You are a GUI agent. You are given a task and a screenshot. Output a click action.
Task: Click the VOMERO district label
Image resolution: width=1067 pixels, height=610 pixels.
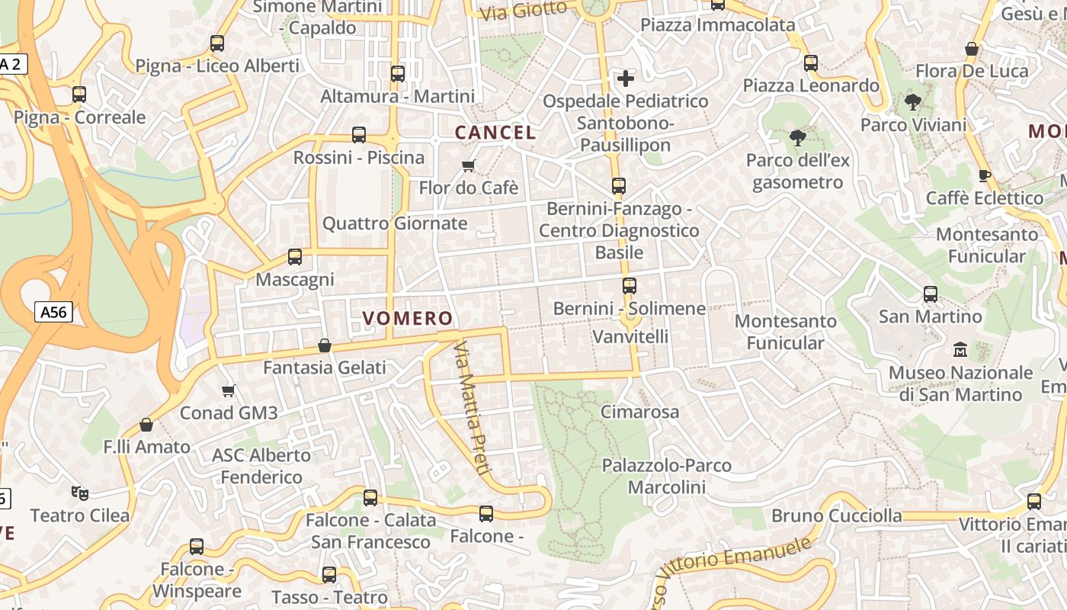408,318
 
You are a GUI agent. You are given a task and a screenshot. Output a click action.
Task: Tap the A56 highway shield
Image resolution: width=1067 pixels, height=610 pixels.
53,311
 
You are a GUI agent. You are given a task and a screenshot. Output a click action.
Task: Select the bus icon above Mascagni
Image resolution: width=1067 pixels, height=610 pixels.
295,257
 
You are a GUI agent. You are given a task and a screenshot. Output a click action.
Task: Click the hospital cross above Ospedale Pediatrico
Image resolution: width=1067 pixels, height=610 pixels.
625,78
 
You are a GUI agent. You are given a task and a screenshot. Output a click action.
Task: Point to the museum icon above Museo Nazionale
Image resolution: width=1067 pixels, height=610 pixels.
960,350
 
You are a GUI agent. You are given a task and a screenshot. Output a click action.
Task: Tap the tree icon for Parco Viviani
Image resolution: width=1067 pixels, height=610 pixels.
912,101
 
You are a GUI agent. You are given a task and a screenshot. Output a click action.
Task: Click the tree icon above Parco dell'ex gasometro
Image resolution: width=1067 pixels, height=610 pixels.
798,138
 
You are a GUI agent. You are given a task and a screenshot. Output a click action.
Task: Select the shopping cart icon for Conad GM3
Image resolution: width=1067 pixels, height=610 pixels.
228,391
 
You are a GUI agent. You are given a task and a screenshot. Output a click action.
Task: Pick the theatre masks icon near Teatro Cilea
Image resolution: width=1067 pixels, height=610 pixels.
79,493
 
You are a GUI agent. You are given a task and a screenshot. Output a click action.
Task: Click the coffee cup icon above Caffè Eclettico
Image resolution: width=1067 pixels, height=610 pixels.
985,175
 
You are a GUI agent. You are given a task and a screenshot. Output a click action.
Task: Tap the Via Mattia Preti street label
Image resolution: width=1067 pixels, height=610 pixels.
470,408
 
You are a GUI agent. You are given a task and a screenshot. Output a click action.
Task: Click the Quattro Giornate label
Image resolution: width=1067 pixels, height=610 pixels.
395,223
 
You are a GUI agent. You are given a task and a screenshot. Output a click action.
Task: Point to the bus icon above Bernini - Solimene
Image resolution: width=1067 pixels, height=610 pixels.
629,286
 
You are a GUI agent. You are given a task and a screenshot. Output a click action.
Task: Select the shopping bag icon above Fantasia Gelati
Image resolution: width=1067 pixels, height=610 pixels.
325,345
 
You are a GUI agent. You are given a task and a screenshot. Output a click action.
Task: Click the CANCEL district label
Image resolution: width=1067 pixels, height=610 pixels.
495,132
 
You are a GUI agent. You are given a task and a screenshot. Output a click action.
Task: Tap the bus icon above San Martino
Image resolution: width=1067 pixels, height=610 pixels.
930,294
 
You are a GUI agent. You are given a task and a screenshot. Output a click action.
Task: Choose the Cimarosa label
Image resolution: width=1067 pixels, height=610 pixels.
639,412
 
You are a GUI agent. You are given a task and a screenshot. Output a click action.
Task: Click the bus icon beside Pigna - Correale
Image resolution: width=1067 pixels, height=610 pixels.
79,95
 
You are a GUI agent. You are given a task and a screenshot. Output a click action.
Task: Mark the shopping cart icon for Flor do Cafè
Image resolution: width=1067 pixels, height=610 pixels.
469,165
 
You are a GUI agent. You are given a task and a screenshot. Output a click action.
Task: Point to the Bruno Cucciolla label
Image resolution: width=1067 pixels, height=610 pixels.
836,515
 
